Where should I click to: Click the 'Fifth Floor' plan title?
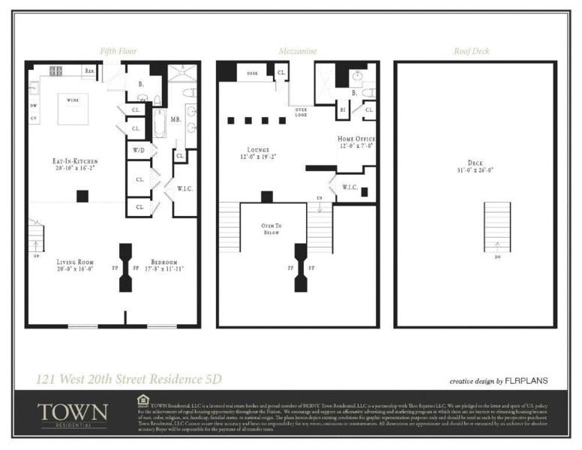pyautogui.click(x=118, y=51)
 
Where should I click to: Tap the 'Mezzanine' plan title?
pyautogui.click(x=298, y=51)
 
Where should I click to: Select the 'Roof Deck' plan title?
pyautogui.click(x=472, y=51)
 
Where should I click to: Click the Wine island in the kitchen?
pyautogui.click(x=73, y=109)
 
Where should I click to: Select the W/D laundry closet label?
pyautogui.click(x=139, y=151)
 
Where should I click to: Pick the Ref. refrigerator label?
pyautogui.click(x=89, y=70)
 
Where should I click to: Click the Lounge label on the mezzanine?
pyautogui.click(x=248, y=153)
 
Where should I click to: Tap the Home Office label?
pyautogui.click(x=356, y=143)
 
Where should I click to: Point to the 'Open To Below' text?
pyautogui.click(x=271, y=229)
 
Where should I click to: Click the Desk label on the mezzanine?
pyautogui.click(x=252, y=73)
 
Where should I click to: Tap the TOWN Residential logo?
pyautogui.click(x=72, y=415)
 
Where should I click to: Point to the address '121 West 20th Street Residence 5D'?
pyautogui.click(x=129, y=379)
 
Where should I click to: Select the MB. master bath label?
pyautogui.click(x=175, y=119)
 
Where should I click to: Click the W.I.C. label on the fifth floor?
pyautogui.click(x=184, y=188)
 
